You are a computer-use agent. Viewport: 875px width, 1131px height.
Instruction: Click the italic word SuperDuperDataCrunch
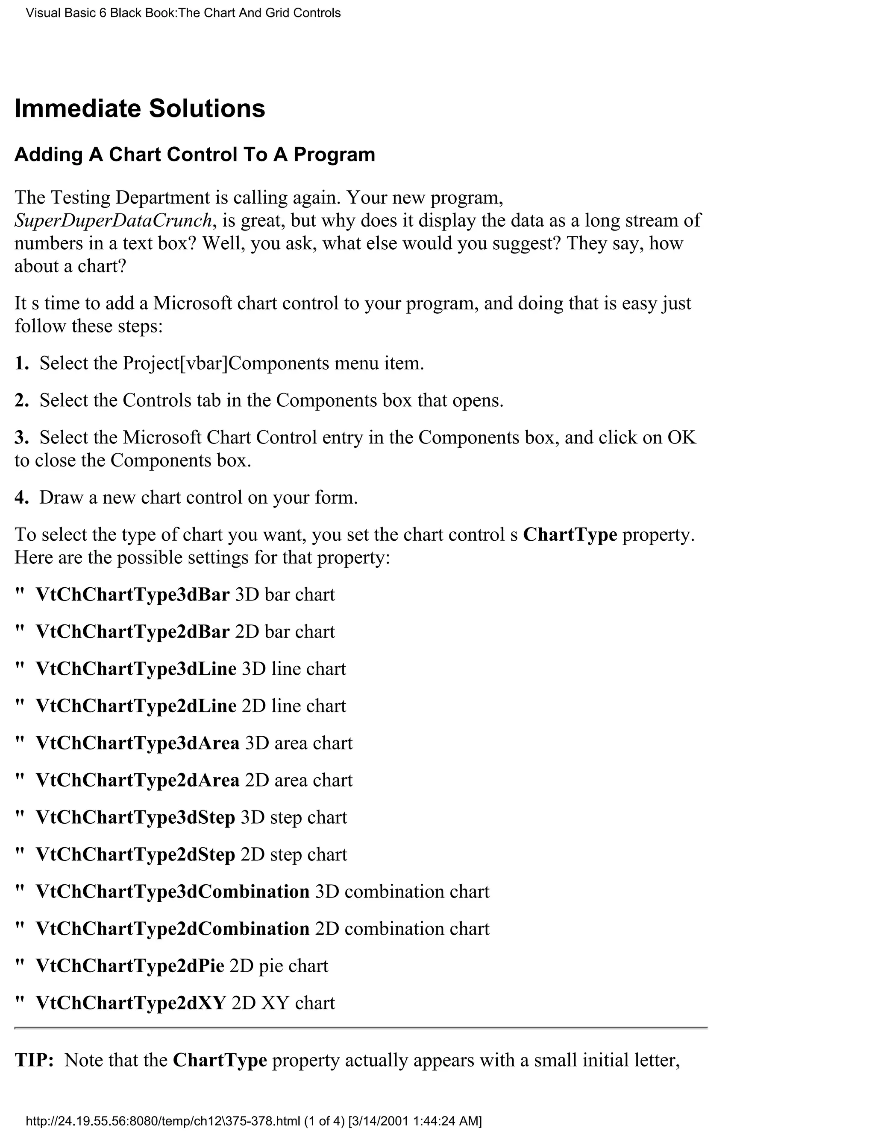pyautogui.click(x=113, y=221)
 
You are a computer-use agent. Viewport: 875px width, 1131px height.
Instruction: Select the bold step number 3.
pyautogui.click(x=21, y=437)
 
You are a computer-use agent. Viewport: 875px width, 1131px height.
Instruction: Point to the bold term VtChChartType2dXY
pyautogui.click(x=131, y=1003)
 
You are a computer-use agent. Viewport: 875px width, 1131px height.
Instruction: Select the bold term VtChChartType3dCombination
pyautogui.click(x=172, y=892)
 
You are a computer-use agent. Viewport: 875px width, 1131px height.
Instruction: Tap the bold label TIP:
pyautogui.click(x=34, y=1060)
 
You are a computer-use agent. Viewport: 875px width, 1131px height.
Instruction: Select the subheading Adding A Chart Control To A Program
pyautogui.click(x=194, y=155)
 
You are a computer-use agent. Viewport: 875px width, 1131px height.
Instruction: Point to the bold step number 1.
pyautogui.click(x=21, y=364)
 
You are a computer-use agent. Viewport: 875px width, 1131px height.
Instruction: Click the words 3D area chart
pyautogui.click(x=299, y=743)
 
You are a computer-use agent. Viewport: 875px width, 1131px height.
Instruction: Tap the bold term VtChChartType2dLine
pyautogui.click(x=136, y=706)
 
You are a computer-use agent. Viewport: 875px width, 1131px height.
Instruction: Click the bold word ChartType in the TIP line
pyautogui.click(x=220, y=1060)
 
